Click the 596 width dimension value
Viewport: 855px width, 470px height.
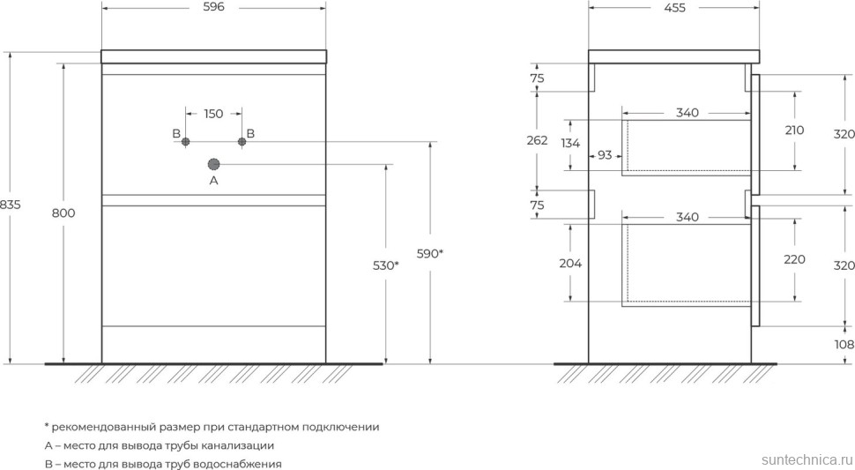(x=213, y=7)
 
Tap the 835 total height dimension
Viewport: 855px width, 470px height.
(x=10, y=205)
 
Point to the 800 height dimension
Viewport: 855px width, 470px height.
(x=64, y=213)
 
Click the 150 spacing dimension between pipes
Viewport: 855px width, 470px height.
(x=213, y=113)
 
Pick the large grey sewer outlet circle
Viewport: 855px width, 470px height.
(x=213, y=164)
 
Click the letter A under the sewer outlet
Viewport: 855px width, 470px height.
(x=213, y=181)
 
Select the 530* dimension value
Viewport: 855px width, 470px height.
(x=385, y=265)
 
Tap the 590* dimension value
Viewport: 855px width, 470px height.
(x=429, y=254)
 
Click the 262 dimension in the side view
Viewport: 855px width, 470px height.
(x=538, y=140)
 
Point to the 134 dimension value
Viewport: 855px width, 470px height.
(x=570, y=144)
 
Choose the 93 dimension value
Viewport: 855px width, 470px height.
(x=605, y=155)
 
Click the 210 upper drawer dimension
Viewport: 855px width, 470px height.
(x=794, y=130)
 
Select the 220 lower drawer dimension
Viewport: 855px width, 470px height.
(x=794, y=259)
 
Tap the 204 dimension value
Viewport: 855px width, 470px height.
(x=570, y=263)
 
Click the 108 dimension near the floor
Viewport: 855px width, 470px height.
(x=844, y=344)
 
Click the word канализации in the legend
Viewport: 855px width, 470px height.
(x=236, y=445)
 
